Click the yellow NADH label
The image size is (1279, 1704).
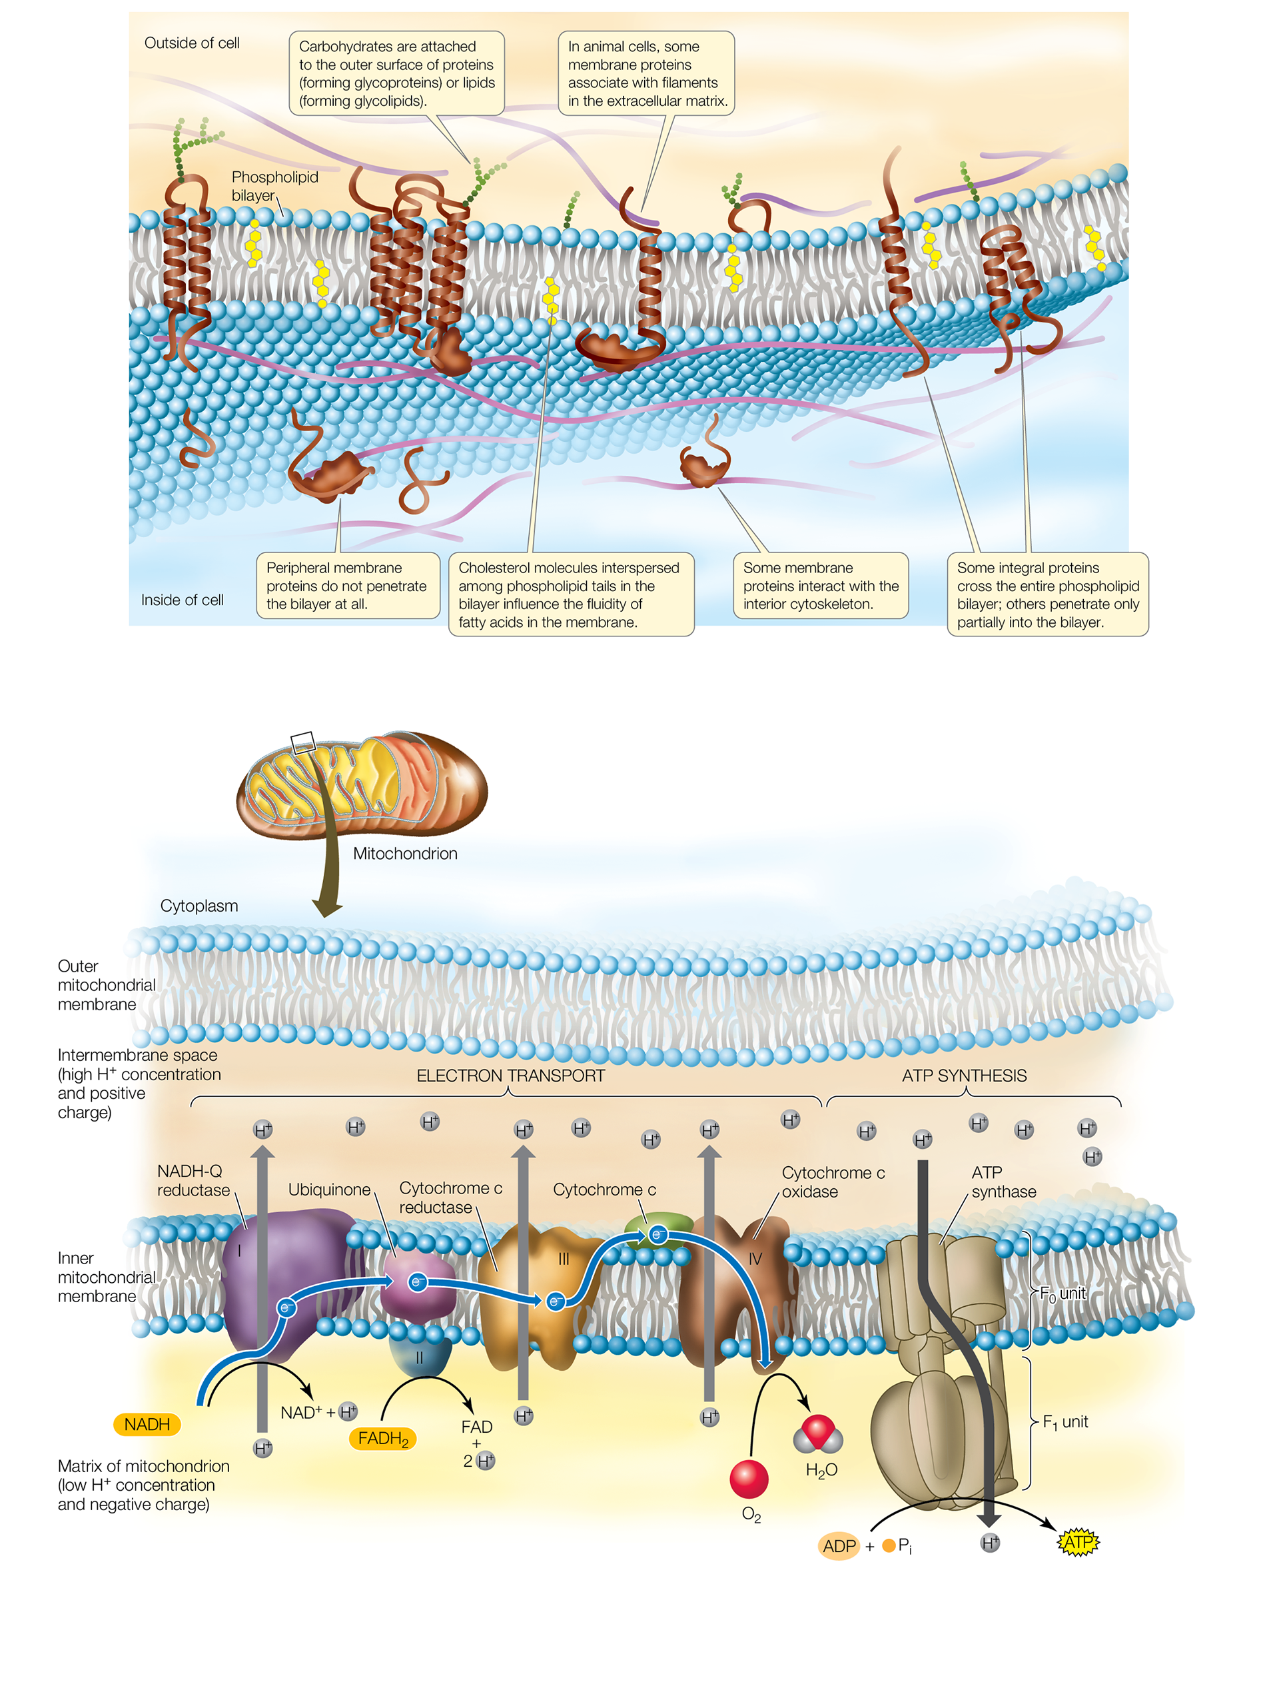pyautogui.click(x=147, y=1424)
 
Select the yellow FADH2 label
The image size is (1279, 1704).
pyautogui.click(x=382, y=1438)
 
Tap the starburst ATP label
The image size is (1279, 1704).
pyautogui.click(x=1078, y=1543)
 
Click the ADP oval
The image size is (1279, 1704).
pyautogui.click(x=839, y=1546)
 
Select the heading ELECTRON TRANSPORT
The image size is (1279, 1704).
pyautogui.click(x=510, y=1076)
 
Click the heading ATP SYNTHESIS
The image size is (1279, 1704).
pyautogui.click(x=964, y=1076)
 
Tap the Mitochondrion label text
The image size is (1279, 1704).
pyautogui.click(x=405, y=854)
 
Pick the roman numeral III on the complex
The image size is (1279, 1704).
pyautogui.click(x=564, y=1259)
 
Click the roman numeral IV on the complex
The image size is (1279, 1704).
pyautogui.click(x=755, y=1259)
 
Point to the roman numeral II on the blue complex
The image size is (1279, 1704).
pyautogui.click(x=420, y=1358)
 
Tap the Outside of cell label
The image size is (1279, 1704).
pyautogui.click(x=192, y=43)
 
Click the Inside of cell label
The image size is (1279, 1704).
pyautogui.click(x=183, y=600)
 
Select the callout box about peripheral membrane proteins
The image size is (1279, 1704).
pyautogui.click(x=347, y=586)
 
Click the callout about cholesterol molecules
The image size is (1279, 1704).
pyautogui.click(x=571, y=594)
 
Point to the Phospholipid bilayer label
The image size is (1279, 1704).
pyautogui.click(x=274, y=187)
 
